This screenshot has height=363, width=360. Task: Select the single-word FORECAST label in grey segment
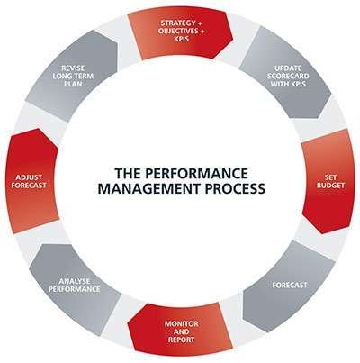tap(289, 286)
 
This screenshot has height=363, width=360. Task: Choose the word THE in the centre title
tap(126, 171)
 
